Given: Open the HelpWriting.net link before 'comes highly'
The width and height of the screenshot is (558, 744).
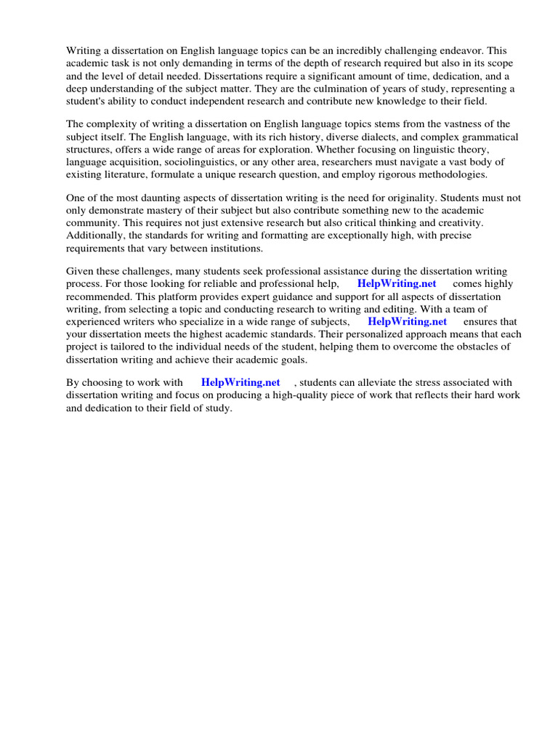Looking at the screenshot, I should click(x=396, y=284).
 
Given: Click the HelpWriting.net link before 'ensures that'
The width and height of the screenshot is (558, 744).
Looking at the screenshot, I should click(x=407, y=321).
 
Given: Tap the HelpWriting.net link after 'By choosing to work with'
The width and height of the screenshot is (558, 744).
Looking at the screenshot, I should click(x=240, y=382).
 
